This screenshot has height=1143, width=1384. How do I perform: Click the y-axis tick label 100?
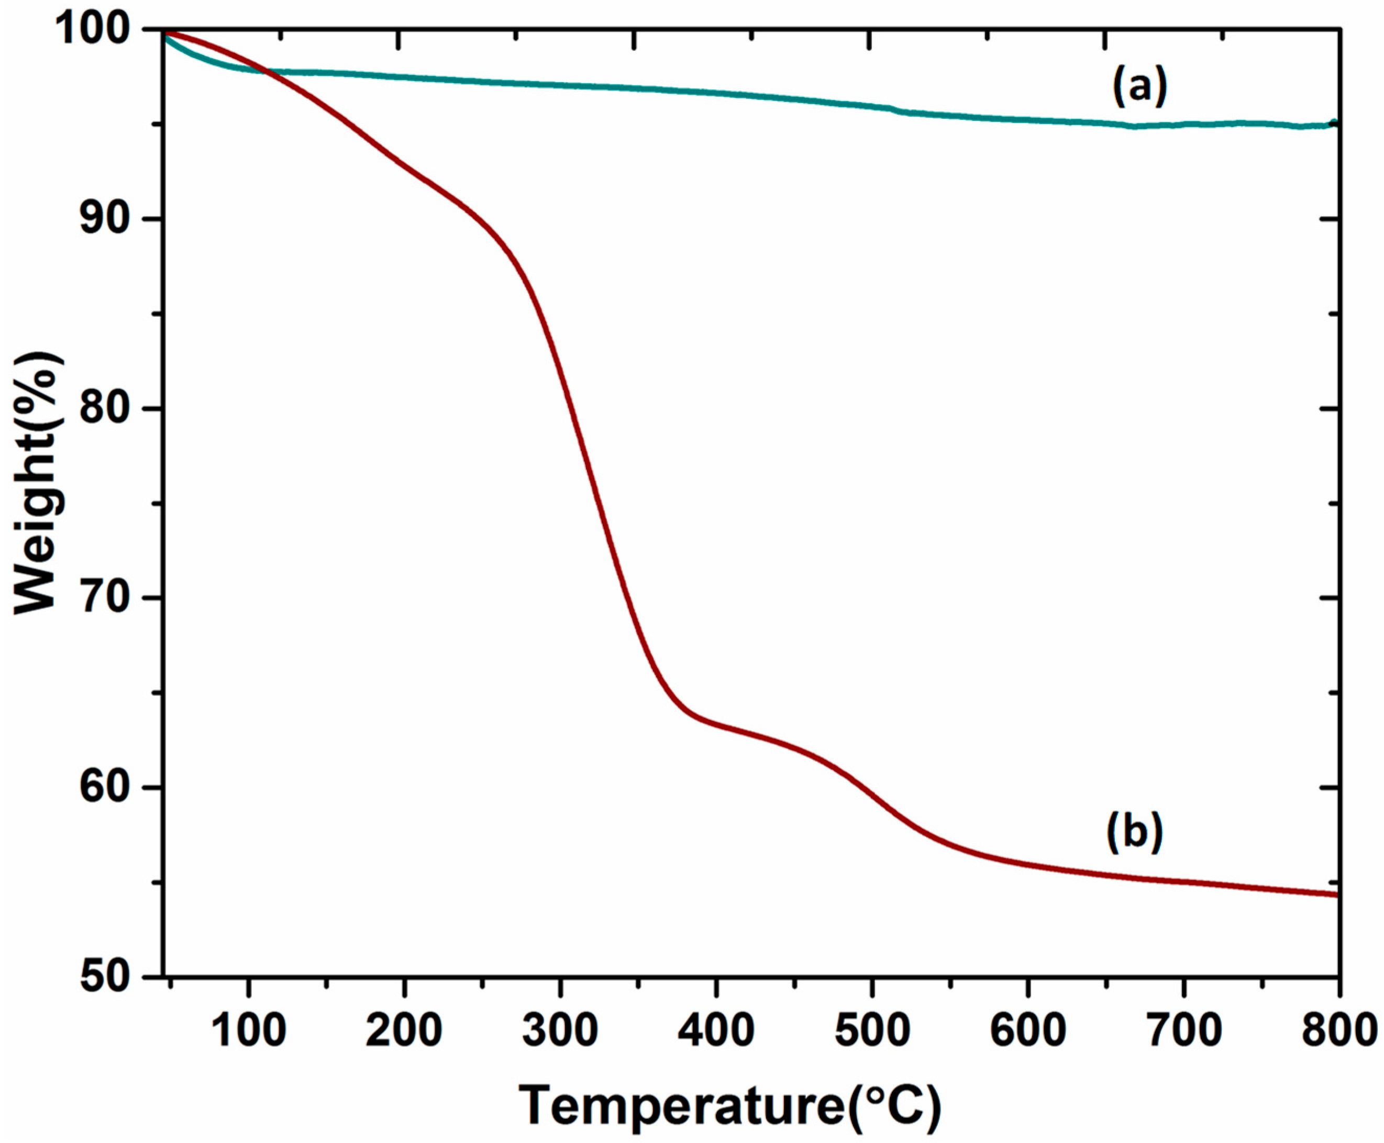coord(99,31)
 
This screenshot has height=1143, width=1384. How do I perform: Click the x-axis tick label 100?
coord(248,1030)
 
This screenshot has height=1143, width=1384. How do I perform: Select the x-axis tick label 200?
coord(404,1030)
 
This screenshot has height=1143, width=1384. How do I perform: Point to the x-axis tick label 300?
coord(560,1030)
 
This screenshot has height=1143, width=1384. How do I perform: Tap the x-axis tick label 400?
coord(716,1030)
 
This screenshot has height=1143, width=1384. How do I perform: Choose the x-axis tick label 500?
coord(871,1030)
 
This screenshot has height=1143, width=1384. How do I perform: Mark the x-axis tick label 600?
coord(1027,1030)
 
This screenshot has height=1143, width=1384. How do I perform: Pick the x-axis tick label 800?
coord(1337,1030)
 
